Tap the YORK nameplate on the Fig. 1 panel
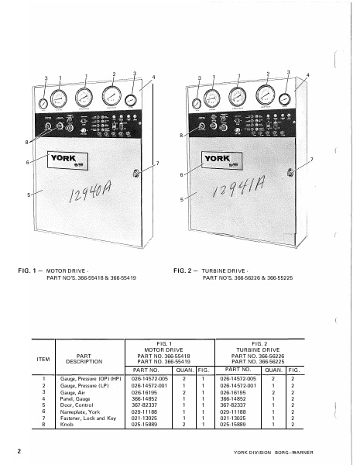pyautogui.click(x=68, y=161)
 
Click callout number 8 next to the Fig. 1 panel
pyautogui.click(x=28, y=143)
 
